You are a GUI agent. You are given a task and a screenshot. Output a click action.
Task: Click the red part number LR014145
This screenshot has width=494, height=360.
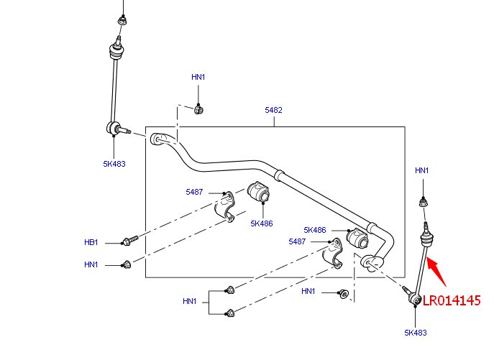click(451, 300)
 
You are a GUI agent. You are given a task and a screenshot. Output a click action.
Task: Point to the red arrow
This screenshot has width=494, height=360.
click(440, 272)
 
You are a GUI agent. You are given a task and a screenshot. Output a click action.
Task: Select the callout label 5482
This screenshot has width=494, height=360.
click(273, 110)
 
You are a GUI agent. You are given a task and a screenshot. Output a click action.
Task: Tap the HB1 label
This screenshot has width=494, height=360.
click(91, 243)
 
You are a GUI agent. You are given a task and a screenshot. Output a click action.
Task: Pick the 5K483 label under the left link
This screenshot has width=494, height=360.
click(114, 163)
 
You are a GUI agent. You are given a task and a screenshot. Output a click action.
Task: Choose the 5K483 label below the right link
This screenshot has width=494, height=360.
click(416, 332)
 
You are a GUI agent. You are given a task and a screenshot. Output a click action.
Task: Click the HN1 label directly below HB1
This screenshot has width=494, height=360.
click(91, 264)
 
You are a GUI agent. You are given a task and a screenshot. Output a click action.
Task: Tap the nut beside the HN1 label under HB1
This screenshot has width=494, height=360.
click(127, 264)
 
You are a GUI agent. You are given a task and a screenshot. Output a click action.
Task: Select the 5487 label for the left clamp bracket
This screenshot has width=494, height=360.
click(194, 192)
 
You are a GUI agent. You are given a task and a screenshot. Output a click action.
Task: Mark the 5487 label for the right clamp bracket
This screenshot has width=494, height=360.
click(297, 241)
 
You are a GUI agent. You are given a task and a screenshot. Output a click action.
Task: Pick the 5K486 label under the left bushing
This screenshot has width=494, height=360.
click(262, 223)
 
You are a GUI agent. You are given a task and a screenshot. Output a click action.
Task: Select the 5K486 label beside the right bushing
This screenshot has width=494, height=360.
click(315, 230)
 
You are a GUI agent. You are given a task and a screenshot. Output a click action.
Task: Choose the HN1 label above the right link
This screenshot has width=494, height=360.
click(422, 170)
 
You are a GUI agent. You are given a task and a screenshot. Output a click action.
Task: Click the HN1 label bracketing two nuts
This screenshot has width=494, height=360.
click(190, 301)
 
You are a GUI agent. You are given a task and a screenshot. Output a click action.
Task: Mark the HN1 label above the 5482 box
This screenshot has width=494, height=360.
click(198, 77)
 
